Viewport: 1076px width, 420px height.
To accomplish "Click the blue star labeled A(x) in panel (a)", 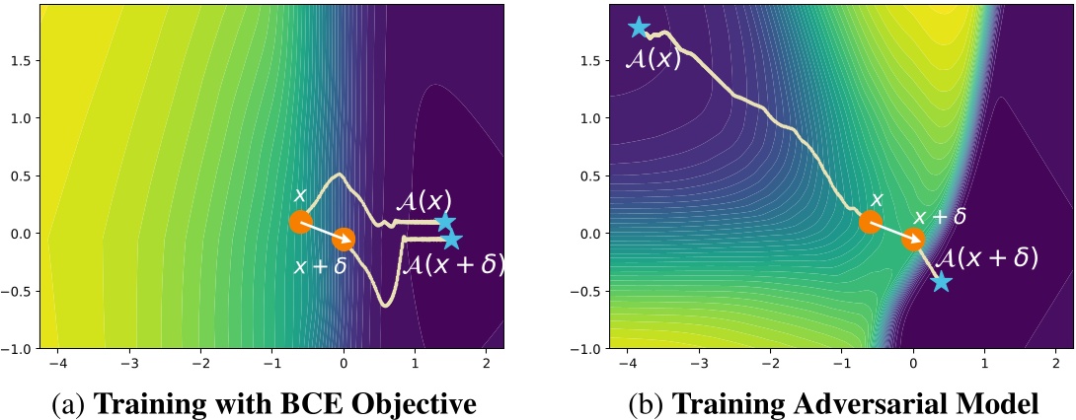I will click(445, 222).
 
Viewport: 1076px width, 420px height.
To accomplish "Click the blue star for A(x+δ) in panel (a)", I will click(452, 240).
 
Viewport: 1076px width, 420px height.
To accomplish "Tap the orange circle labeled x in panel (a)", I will click(300, 222).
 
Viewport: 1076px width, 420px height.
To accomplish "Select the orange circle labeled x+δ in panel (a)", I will click(344, 239).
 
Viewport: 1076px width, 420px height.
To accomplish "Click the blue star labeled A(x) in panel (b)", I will click(639, 28).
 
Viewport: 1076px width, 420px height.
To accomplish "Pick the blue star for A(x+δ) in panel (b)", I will click(941, 282).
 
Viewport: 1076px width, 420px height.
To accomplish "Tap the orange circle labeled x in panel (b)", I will click(870, 222).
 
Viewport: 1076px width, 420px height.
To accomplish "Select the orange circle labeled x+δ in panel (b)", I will click(913, 239).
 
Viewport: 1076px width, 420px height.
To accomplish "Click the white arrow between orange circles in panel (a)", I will click(322, 230).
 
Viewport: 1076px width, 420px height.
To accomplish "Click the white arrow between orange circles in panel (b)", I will click(891, 230).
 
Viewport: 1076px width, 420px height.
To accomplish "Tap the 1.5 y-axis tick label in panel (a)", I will click(18, 60).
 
